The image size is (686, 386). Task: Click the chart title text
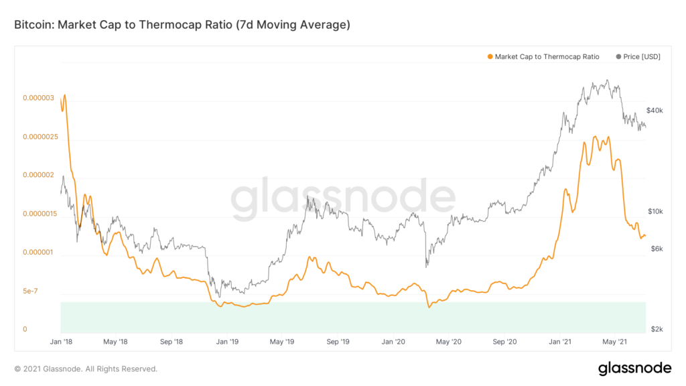tap(182, 25)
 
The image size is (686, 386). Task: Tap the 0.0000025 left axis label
tap(40, 137)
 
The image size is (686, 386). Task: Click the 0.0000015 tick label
tap(40, 214)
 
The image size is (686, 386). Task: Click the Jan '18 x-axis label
tap(61, 342)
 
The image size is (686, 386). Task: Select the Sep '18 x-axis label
tap(171, 342)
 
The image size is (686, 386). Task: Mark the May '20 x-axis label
tap(448, 342)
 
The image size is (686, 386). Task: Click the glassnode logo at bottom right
tap(634, 368)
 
